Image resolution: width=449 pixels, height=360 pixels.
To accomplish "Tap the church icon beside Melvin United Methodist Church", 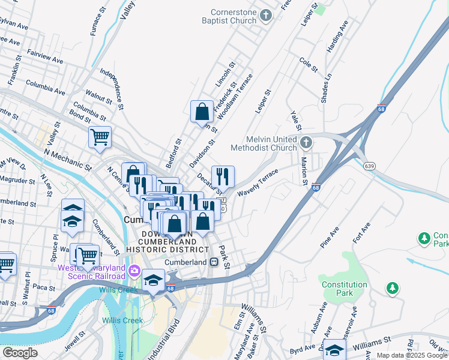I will tap(307, 143).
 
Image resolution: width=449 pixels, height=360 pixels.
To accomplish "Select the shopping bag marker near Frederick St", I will tap(202, 111).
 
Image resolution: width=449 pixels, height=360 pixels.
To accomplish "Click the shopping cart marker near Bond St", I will tap(100, 136).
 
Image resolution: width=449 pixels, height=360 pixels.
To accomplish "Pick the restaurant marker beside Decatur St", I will tap(223, 176).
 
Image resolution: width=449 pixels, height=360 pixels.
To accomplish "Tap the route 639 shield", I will tap(369, 166).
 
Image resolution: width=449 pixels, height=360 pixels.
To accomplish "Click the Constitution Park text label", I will tap(345, 289).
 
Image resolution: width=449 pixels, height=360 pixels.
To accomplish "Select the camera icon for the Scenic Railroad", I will tap(134, 272).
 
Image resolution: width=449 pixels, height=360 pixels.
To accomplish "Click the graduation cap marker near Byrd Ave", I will tap(334, 350).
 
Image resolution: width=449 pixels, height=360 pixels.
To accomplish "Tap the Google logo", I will tap(20, 353).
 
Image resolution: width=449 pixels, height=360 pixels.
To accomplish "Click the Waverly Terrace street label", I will tap(258, 182).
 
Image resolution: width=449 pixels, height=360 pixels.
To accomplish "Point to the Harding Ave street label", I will tap(337, 37).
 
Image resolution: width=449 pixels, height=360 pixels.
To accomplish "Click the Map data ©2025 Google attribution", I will tap(412, 355).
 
